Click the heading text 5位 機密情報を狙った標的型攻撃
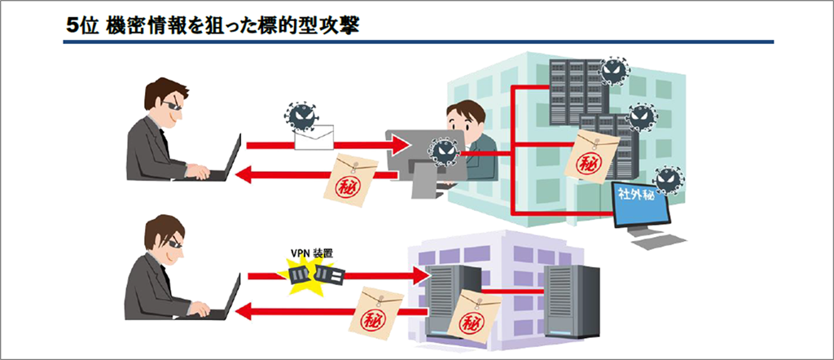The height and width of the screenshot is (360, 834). tap(214, 25)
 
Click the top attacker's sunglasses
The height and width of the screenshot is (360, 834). tap(173, 105)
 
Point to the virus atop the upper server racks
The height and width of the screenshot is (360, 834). tap(613, 73)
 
